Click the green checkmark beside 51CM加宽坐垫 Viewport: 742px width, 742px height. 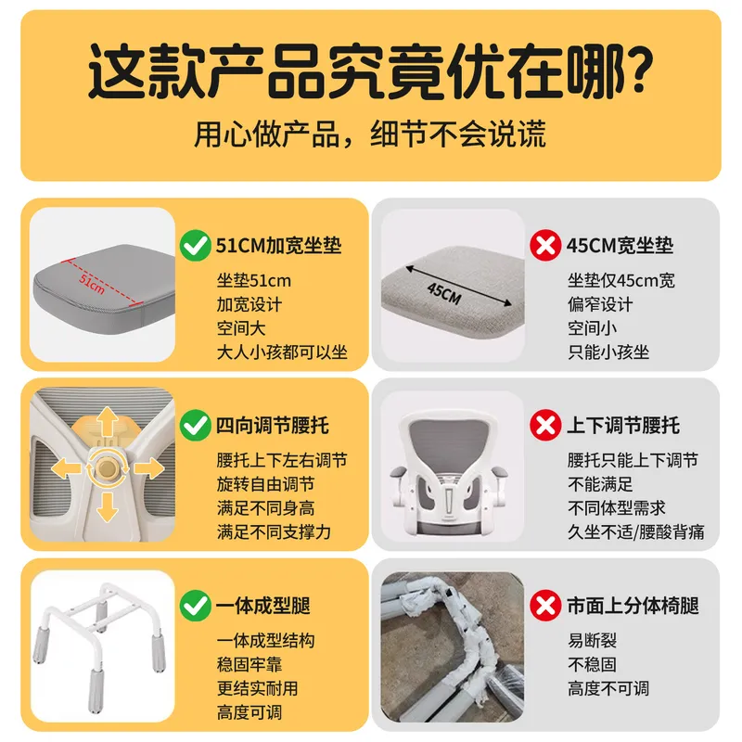[x=196, y=246]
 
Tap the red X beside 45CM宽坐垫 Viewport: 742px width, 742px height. [x=545, y=245]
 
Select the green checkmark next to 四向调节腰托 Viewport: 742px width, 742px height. [x=196, y=426]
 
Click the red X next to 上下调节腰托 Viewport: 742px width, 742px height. [x=545, y=425]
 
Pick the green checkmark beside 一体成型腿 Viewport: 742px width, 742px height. [x=196, y=606]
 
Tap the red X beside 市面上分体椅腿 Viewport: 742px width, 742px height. [x=545, y=606]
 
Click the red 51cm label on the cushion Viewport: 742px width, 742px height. [x=91, y=283]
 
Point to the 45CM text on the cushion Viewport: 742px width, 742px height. [x=444, y=293]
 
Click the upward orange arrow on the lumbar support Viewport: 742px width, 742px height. [x=108, y=421]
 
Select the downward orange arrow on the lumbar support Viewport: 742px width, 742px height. [x=108, y=506]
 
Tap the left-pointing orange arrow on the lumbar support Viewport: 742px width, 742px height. [x=66, y=468]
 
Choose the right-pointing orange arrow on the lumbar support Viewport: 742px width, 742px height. [x=149, y=468]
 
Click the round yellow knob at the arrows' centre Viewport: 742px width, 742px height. [x=108, y=468]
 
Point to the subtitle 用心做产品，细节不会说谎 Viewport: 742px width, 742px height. [x=370, y=134]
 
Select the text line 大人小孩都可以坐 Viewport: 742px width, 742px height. [x=282, y=352]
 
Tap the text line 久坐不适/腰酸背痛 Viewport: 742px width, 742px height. [x=636, y=531]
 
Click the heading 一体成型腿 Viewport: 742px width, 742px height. [x=263, y=606]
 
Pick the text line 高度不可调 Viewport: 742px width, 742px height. [x=608, y=688]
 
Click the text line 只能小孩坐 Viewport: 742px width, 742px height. [x=608, y=352]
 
